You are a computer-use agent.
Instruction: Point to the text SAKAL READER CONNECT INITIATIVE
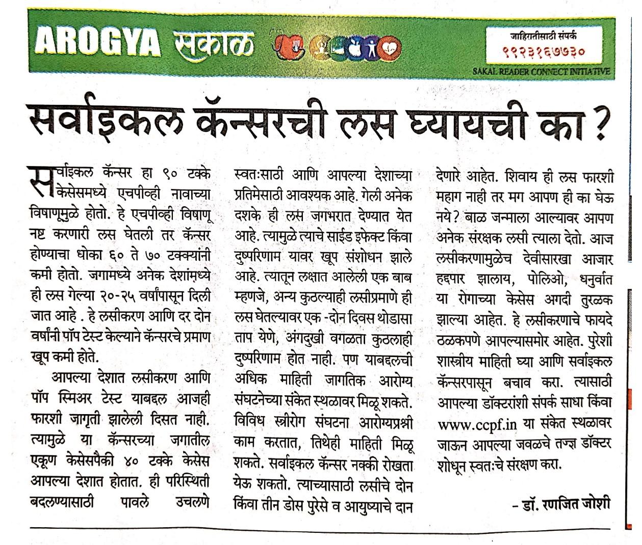click(x=542, y=71)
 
